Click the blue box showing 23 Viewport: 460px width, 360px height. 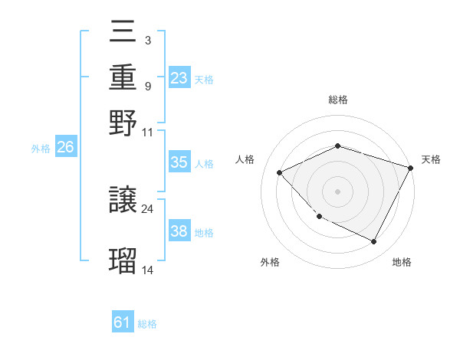179,78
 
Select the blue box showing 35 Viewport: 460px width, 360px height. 179,162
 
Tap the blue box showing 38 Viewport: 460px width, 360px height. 179,231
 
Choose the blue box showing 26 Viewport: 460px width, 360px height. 65,148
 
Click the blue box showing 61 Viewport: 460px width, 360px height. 123,322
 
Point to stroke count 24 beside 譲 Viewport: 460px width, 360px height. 147,208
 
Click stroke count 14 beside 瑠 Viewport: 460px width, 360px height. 147,270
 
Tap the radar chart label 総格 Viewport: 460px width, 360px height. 338,100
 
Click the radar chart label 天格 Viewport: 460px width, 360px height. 431,159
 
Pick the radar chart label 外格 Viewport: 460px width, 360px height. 270,262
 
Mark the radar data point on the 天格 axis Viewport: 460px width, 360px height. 411,167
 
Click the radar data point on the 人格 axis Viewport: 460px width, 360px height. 280,172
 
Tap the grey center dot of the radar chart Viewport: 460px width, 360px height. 337,191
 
